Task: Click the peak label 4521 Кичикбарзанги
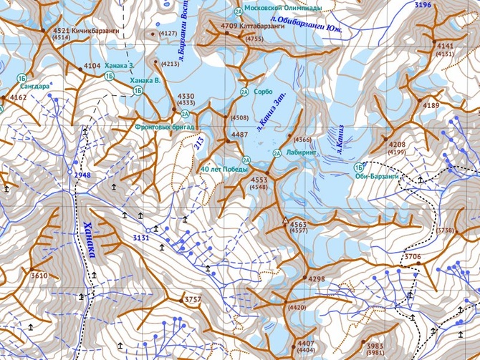pyautogui.click(x=86, y=31)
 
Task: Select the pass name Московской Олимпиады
pyautogui.click(x=283, y=8)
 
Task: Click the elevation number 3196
pyautogui.click(x=423, y=5)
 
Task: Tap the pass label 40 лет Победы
pyautogui.click(x=224, y=170)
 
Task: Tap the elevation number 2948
pyautogui.click(x=82, y=175)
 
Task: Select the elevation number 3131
pyautogui.click(x=141, y=238)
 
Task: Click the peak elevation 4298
pyautogui.click(x=316, y=279)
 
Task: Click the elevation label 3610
pyautogui.click(x=39, y=276)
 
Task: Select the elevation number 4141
pyautogui.click(x=445, y=46)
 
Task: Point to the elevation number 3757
pyautogui.click(x=193, y=299)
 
